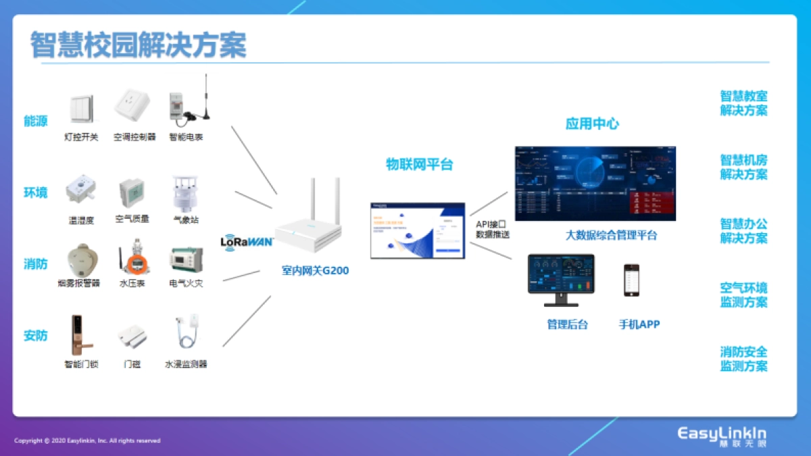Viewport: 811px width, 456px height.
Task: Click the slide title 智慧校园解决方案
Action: [x=139, y=45]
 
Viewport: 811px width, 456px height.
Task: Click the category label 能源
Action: [x=36, y=121]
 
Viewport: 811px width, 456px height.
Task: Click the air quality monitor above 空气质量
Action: [x=132, y=193]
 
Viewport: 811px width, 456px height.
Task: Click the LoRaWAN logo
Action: [x=246, y=241]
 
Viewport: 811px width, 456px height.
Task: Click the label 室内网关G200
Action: [x=316, y=270]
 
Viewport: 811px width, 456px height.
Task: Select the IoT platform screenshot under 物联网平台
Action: [x=418, y=230]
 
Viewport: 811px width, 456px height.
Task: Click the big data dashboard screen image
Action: [x=595, y=184]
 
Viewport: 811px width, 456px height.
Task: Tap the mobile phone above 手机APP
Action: [x=631, y=280]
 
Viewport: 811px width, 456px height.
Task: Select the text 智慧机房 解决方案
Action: [x=743, y=167]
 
